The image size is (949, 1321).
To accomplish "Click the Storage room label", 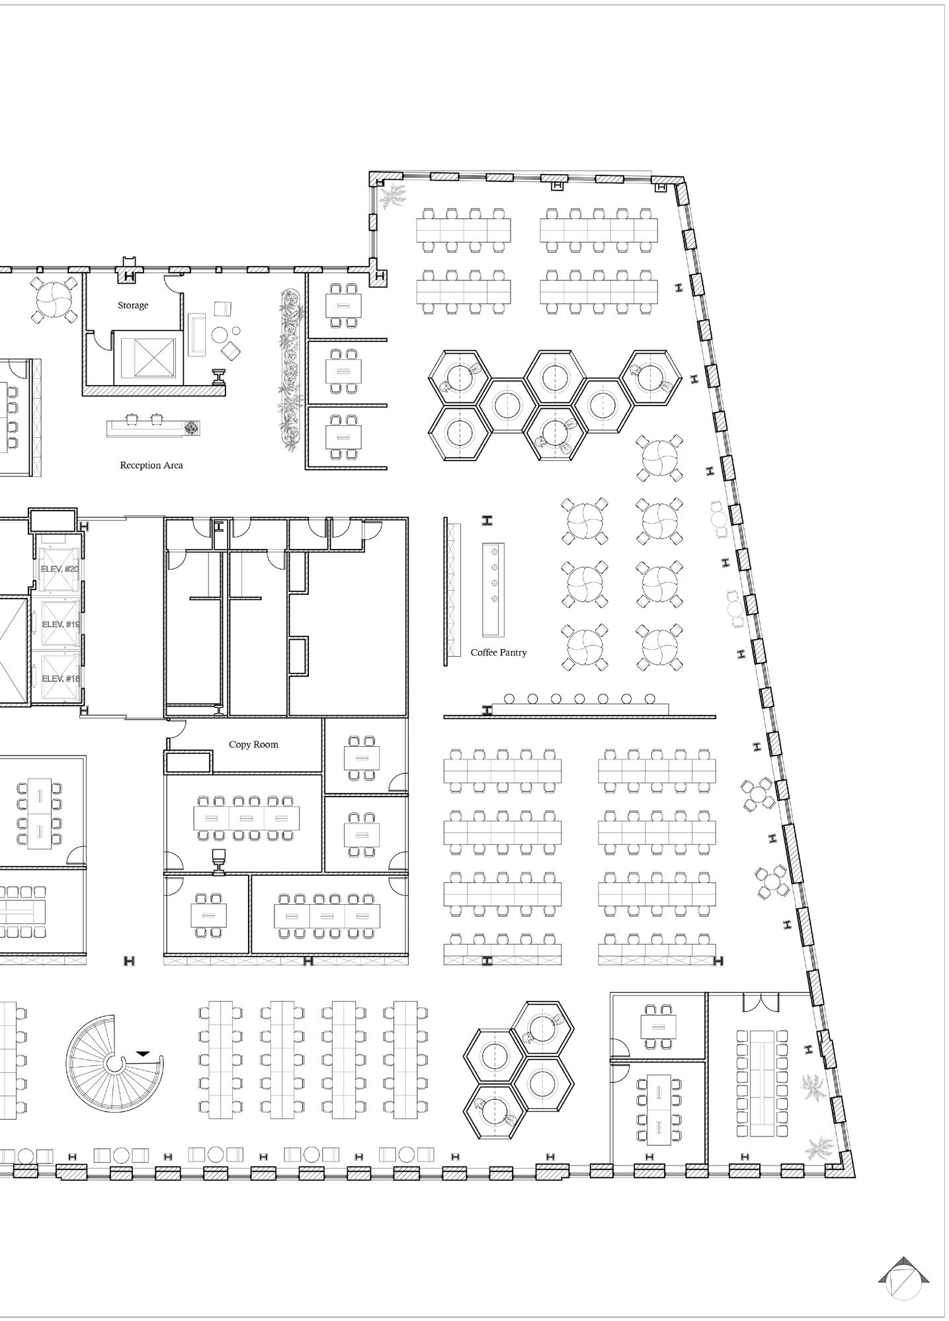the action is [133, 306].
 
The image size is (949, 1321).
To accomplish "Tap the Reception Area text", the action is [151, 466].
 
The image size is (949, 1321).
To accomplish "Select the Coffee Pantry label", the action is [499, 653].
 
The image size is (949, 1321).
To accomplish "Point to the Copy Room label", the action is [253, 745].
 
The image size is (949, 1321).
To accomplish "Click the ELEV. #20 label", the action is [60, 569].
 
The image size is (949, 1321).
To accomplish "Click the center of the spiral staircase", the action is [116, 1064].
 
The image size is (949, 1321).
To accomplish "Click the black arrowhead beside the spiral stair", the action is [144, 1053].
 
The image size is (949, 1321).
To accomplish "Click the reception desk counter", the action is [152, 429].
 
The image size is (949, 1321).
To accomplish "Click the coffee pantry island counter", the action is [493, 588].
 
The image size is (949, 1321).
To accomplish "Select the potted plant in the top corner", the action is [394, 196].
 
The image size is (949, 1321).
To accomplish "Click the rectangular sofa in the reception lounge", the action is [197, 335].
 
